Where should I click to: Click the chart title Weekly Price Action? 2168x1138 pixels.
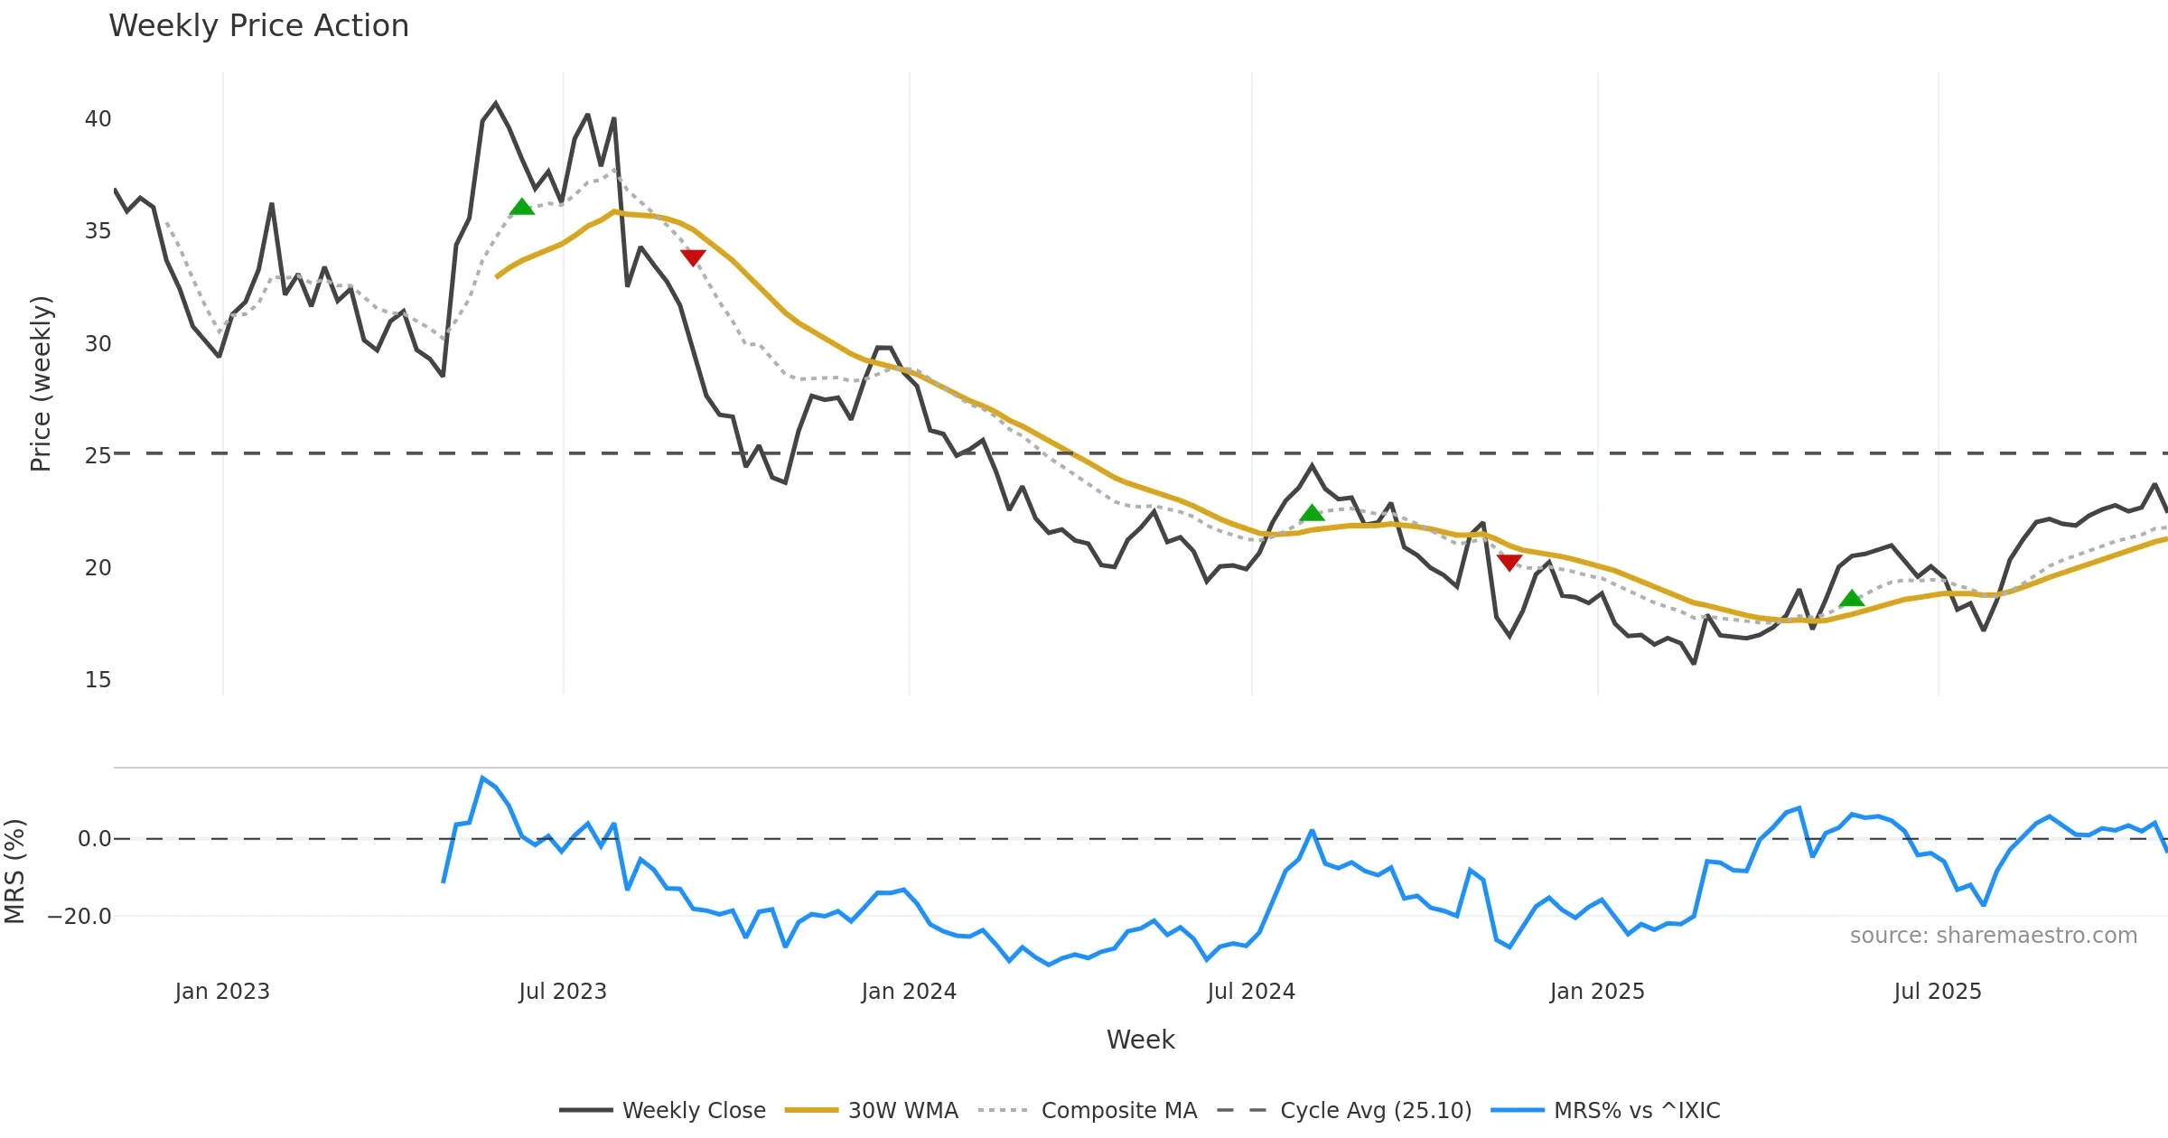(258, 26)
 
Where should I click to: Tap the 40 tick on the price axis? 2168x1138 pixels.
(98, 119)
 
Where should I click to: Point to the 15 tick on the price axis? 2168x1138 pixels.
(98, 680)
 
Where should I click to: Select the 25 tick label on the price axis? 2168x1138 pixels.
(98, 456)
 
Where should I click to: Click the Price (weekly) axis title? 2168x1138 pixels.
(42, 384)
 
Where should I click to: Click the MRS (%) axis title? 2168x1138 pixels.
(15, 871)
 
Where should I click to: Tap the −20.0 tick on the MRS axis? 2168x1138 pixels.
(79, 917)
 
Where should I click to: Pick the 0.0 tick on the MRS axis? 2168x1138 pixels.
(94, 839)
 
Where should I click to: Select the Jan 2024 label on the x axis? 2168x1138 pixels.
(908, 992)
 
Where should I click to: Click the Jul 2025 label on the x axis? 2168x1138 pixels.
(1937, 992)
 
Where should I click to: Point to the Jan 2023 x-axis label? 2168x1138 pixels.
(222, 992)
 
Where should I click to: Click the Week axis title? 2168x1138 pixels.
(1140, 1040)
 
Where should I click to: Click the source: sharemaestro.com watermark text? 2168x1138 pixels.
(1993, 936)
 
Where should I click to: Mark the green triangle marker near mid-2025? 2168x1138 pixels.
(1851, 599)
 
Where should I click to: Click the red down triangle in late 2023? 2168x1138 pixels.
(693, 257)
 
